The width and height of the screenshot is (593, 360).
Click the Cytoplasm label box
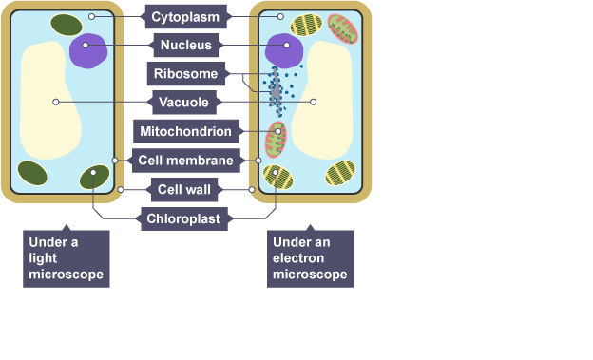185,17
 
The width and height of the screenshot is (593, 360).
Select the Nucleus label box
185,45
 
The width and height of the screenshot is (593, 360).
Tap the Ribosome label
185,73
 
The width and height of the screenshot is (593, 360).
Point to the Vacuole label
183,102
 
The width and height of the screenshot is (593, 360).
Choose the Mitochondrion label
185,131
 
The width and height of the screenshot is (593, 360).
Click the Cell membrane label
185,161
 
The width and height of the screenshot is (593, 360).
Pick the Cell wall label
184,189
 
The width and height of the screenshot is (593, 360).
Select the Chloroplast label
183,218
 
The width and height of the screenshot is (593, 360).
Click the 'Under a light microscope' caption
67,258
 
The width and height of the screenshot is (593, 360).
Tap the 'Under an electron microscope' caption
310,258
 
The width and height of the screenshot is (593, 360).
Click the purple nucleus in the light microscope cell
88,50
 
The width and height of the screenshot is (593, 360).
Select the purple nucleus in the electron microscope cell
284,50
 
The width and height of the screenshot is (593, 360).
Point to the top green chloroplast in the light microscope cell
67,25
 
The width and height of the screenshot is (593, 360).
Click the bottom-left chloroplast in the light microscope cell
32,173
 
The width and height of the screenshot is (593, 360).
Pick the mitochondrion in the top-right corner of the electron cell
343,29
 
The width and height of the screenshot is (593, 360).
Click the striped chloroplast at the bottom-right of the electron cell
340,173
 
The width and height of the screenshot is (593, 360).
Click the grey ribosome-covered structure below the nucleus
276,91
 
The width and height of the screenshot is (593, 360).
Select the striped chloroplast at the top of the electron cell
306,25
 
